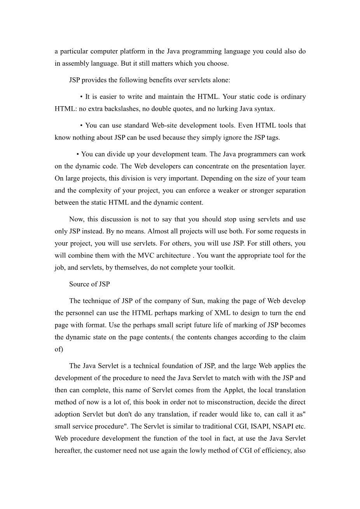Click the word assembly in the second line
click(73, 63)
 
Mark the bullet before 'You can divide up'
click(78, 154)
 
